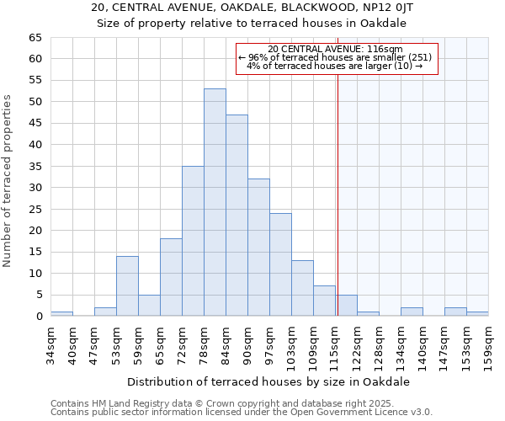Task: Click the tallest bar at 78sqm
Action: tap(215, 202)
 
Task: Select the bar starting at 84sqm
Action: tap(237, 215)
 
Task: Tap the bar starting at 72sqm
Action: tap(193, 241)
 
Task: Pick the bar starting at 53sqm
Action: tap(127, 285)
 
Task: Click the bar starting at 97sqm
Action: tap(280, 264)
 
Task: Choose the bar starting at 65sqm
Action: tap(171, 277)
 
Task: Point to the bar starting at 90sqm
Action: tap(258, 248)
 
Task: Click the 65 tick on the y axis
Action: tap(35, 38)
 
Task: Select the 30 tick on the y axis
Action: tap(35, 188)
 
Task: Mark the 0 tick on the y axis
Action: tap(38, 317)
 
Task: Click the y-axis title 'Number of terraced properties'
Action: tap(8, 181)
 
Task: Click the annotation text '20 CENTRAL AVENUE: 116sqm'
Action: tap(336, 49)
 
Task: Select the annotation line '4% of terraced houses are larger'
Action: tap(336, 66)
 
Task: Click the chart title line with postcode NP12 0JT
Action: tap(252, 7)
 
